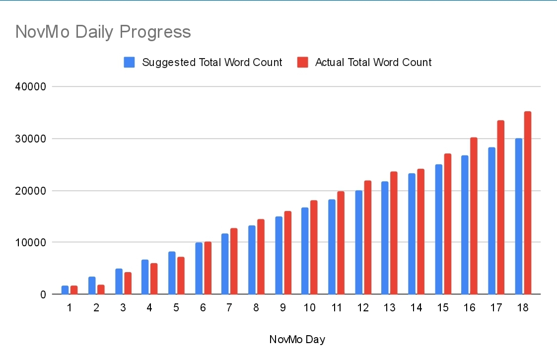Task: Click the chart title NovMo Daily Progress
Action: (103, 32)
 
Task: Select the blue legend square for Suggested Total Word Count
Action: (129, 62)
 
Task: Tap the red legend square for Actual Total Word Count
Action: (303, 62)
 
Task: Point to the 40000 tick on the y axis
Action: (31, 87)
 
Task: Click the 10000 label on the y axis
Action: (31, 243)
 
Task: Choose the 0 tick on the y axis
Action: (43, 294)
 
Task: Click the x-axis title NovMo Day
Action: (297, 339)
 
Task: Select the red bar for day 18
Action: (528, 203)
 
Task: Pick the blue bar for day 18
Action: (519, 216)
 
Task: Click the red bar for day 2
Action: (101, 289)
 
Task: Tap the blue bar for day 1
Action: (65, 290)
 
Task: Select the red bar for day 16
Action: (474, 216)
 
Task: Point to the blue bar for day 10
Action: (305, 251)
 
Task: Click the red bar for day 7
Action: (234, 261)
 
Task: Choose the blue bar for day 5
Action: (172, 273)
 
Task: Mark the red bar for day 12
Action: (368, 237)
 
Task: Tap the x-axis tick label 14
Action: (417, 308)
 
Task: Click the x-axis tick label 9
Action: (283, 308)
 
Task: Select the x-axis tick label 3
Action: (123, 308)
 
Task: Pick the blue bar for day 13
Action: (385, 238)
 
